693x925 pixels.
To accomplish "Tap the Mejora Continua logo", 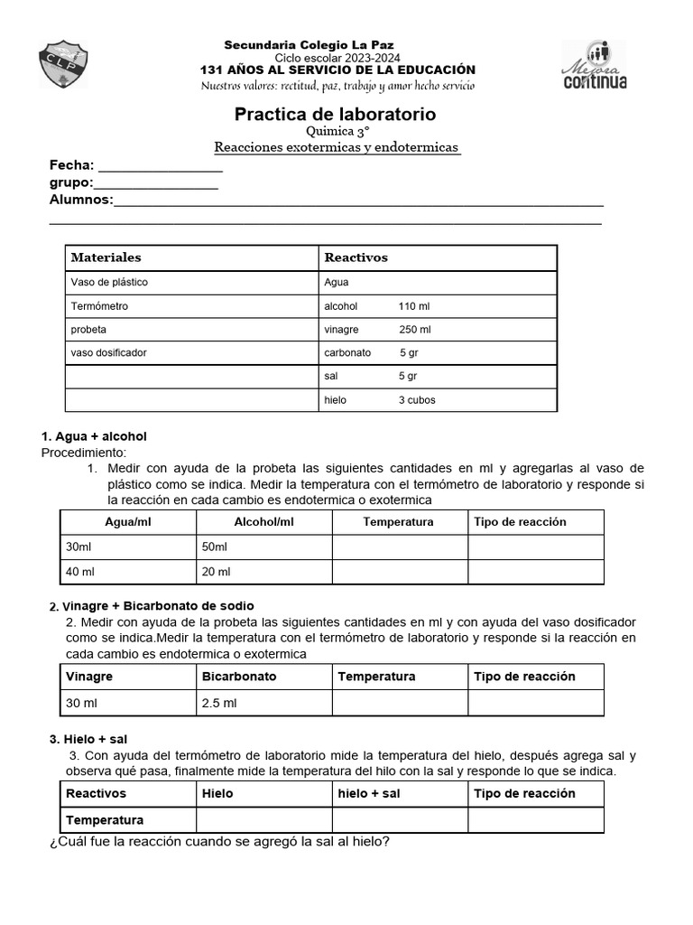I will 594,65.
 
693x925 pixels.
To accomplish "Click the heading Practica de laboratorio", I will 335,115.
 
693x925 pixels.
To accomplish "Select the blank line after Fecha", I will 160,166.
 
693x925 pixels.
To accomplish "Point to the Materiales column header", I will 106,257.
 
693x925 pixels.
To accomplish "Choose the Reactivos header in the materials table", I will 356,257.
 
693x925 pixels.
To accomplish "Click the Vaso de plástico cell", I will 109,282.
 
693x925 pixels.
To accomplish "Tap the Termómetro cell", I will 99,306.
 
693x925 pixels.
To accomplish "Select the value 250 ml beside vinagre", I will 414,330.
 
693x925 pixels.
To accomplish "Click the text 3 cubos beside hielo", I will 416,400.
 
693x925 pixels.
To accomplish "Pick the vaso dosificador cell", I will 108,352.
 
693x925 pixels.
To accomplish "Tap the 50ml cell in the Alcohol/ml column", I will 215,547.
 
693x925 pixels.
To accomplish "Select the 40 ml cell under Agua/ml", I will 80,572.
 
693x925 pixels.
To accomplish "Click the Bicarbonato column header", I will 239,677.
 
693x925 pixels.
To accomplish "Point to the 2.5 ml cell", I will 220,703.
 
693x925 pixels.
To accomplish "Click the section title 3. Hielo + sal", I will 88,739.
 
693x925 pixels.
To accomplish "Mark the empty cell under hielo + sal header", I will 399,820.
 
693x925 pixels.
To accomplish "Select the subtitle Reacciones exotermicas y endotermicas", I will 337,146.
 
